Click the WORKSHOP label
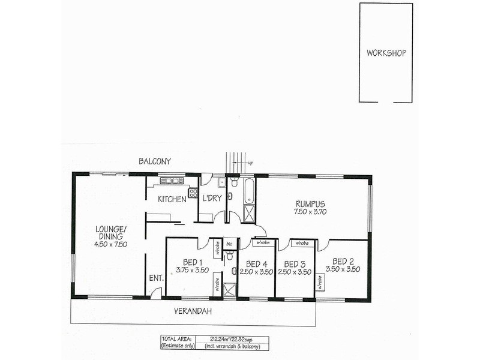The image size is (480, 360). coord(386,53)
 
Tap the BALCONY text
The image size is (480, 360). coord(155,161)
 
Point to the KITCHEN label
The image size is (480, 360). coord(172,199)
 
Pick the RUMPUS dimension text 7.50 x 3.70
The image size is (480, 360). coord(310,212)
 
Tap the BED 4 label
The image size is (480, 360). coord(256,263)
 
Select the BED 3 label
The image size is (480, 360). coord(295,263)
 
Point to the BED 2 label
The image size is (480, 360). coord(343,261)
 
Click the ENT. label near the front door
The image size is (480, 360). coord(156,278)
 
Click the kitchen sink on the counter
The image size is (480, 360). coord(171,180)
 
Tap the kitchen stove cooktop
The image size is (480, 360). coord(193,193)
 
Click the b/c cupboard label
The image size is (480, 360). coord(229,244)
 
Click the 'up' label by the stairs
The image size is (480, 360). coord(250,163)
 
